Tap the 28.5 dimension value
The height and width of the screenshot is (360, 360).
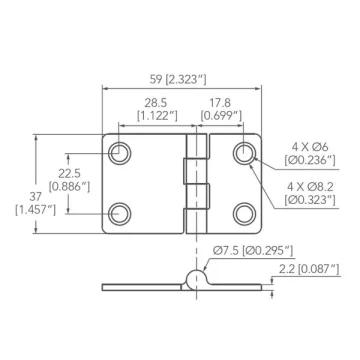click(155, 102)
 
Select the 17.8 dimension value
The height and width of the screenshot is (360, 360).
click(220, 102)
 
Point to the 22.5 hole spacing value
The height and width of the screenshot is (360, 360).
click(69, 173)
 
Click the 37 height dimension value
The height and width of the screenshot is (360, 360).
click(35, 197)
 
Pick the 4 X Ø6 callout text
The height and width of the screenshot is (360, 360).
click(310, 146)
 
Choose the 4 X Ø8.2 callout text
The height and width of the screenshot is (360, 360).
click(310, 186)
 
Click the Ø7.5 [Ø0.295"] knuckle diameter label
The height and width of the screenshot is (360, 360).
click(253, 250)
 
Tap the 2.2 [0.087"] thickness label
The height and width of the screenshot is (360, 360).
click(309, 269)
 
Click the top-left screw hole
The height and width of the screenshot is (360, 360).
click(120, 153)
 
